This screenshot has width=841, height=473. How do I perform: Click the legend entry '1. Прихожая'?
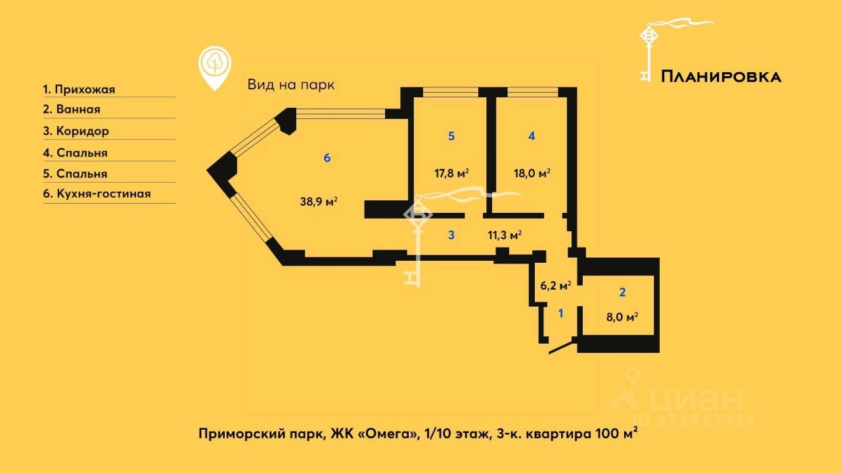tap(83, 89)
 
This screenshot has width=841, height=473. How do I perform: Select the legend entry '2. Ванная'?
tap(72, 110)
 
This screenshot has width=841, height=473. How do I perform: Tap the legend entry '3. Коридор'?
tap(76, 131)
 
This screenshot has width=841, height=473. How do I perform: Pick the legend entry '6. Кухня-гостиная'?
tap(97, 194)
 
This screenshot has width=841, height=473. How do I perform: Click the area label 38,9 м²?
tap(319, 202)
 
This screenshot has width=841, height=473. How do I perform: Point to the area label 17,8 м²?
tap(451, 173)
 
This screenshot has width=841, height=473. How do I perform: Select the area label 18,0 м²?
tap(532, 173)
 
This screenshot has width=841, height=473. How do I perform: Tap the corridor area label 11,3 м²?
tap(505, 235)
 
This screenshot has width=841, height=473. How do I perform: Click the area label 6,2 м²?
tap(555, 285)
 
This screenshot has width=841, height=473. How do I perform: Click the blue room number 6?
tap(327, 158)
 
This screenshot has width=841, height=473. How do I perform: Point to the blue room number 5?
tap(451, 136)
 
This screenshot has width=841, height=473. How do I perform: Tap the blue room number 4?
tap(532, 136)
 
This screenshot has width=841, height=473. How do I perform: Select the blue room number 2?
tap(622, 292)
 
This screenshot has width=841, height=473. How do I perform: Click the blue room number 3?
tap(451, 235)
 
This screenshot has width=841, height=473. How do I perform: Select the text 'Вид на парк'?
tap(291, 85)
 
